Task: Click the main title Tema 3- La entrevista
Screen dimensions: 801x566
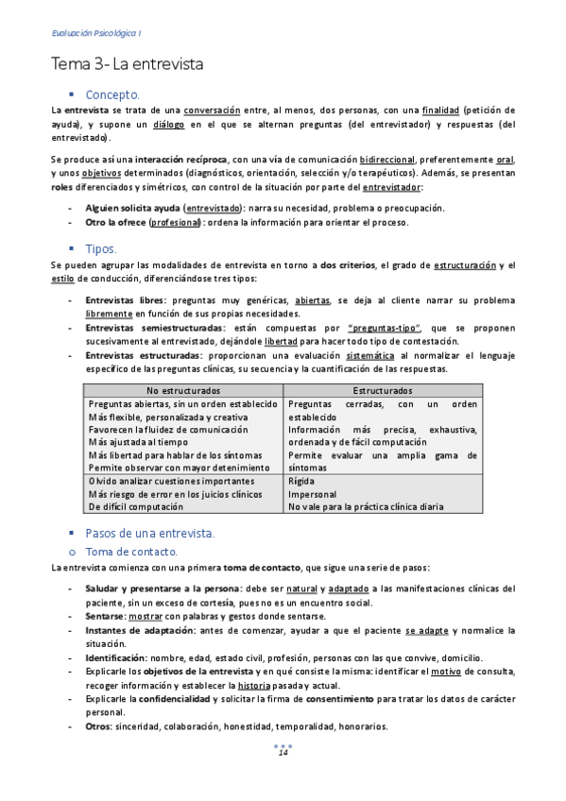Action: coord(127,65)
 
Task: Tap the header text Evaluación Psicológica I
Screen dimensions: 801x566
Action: coord(95,34)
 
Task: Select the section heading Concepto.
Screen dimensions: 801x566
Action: coord(112,94)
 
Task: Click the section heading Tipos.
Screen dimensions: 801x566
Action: coord(101,249)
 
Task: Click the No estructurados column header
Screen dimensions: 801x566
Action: coord(183,389)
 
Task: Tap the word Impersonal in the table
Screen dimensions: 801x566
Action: coord(312,493)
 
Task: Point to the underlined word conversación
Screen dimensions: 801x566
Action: coord(212,110)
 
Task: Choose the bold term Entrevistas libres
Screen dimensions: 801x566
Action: coord(121,299)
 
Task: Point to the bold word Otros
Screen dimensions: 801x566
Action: coord(97,726)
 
